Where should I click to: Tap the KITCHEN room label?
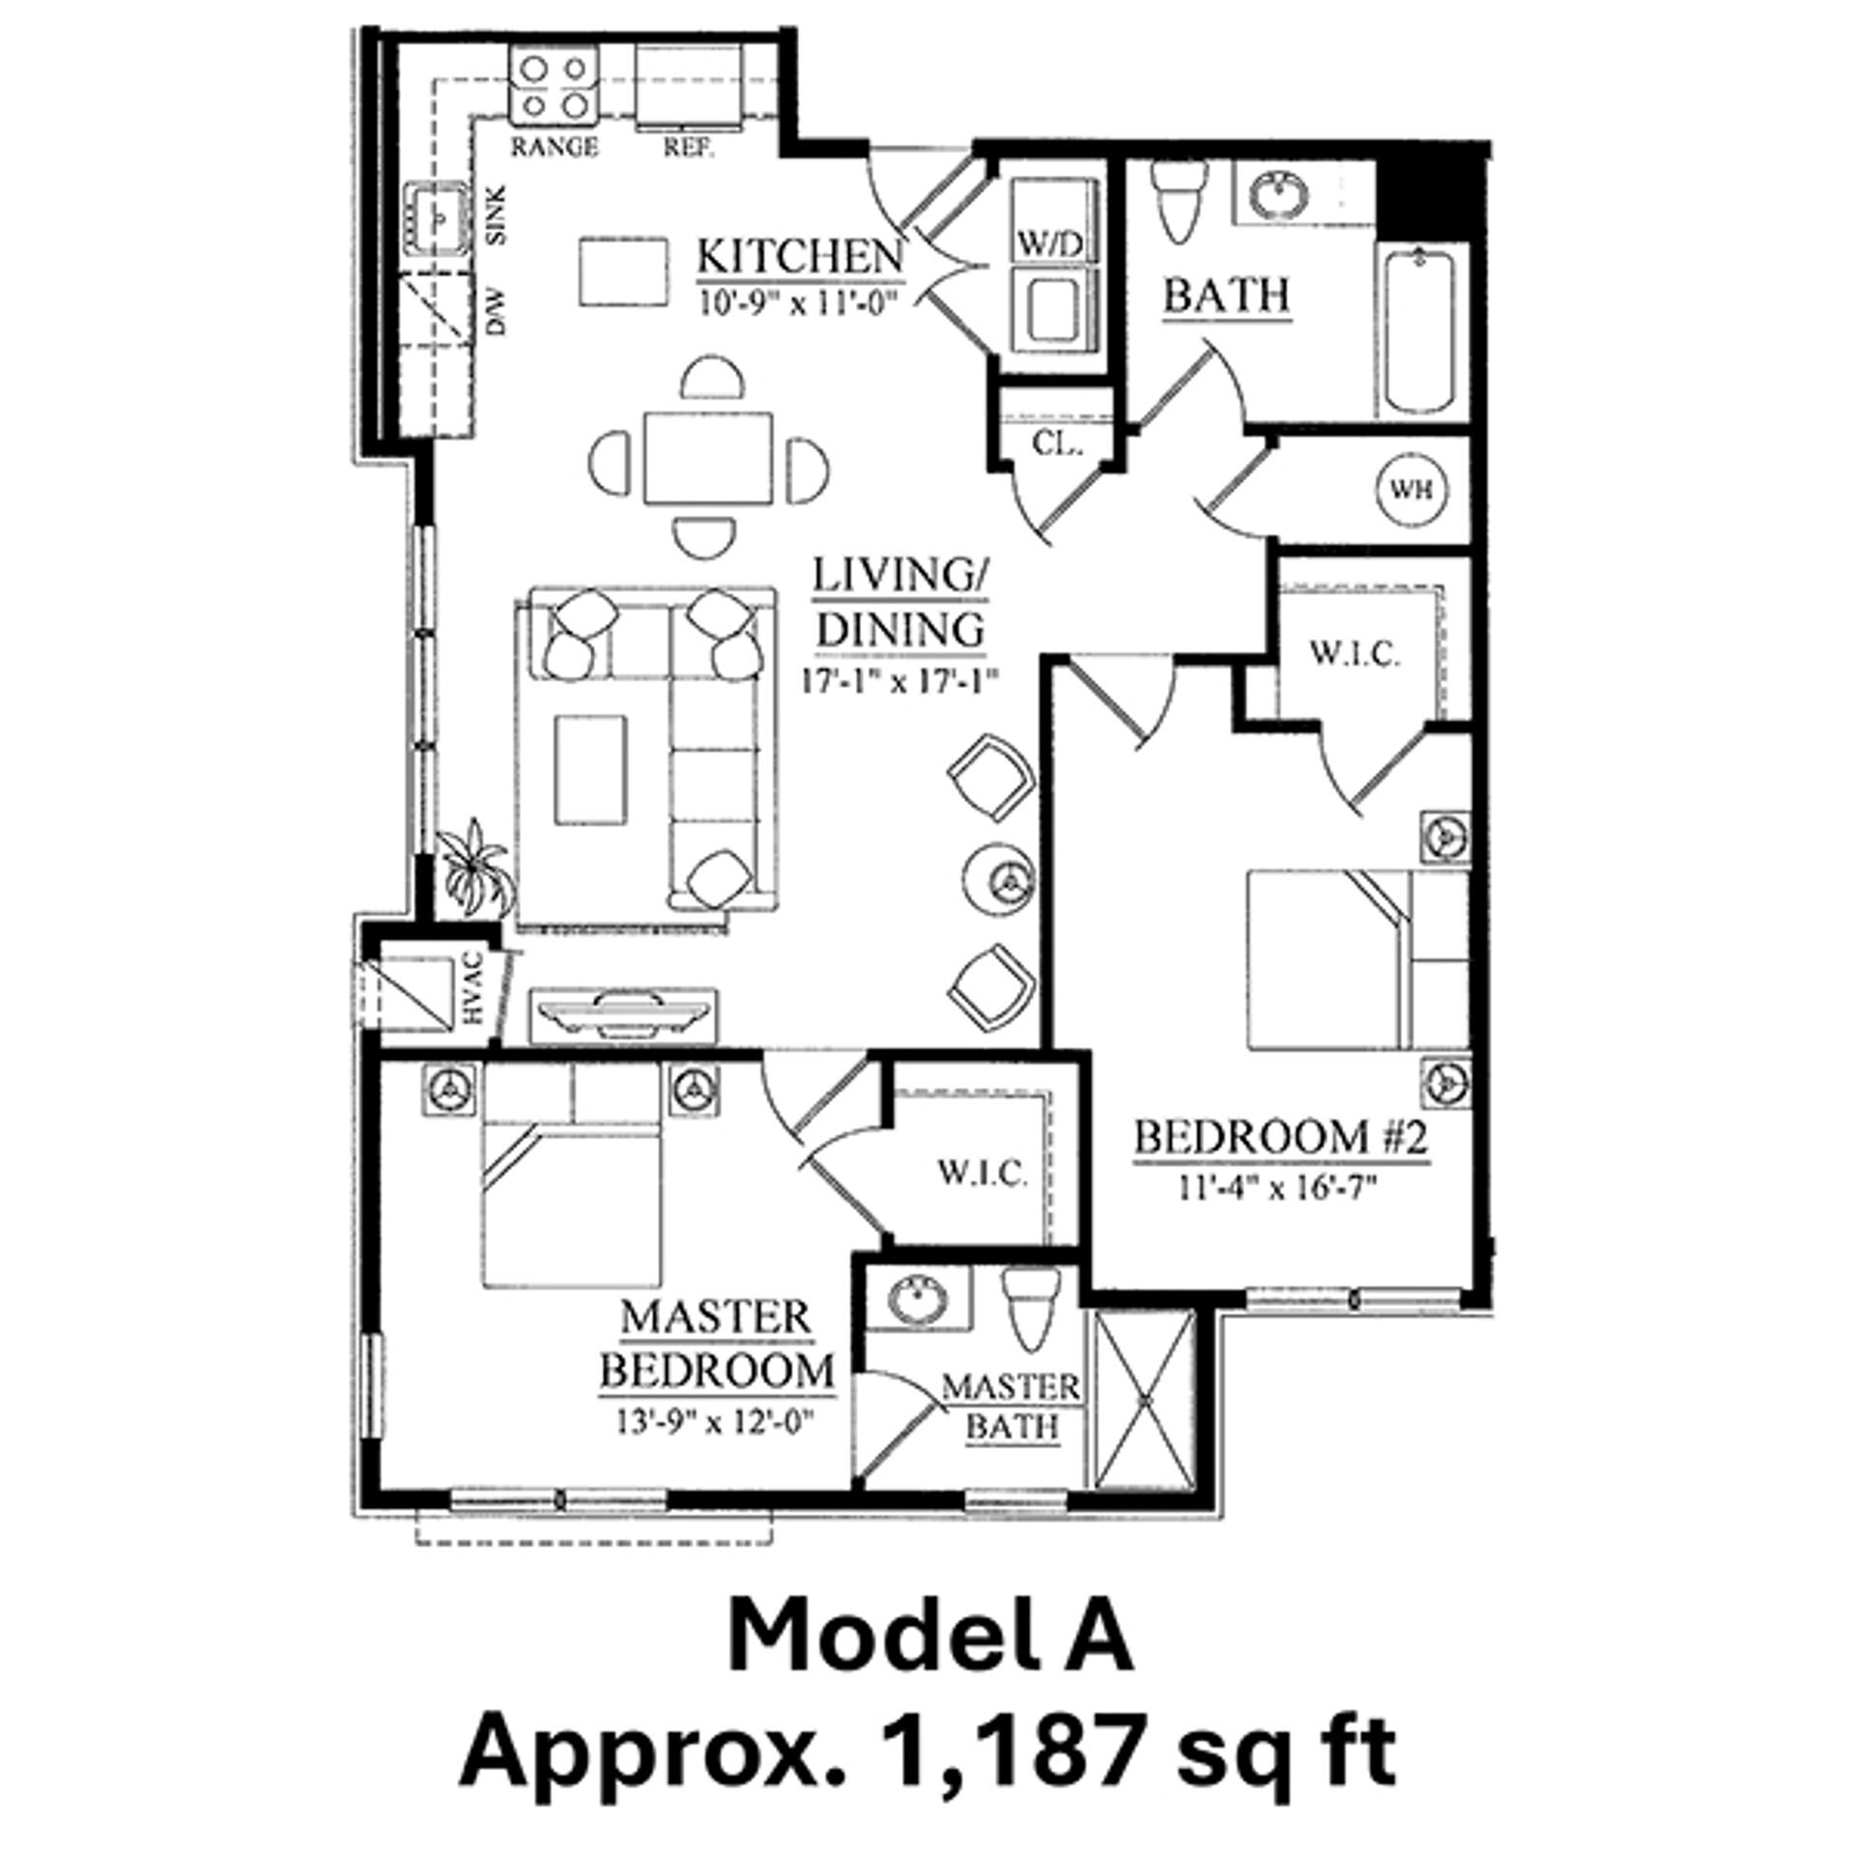pos(800,258)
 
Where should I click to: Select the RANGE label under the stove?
pos(555,148)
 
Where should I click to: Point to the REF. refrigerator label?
pos(688,149)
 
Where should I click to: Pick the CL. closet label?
pos(1057,443)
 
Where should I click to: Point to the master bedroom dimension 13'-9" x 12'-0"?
pos(716,1421)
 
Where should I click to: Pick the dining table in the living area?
pos(709,456)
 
